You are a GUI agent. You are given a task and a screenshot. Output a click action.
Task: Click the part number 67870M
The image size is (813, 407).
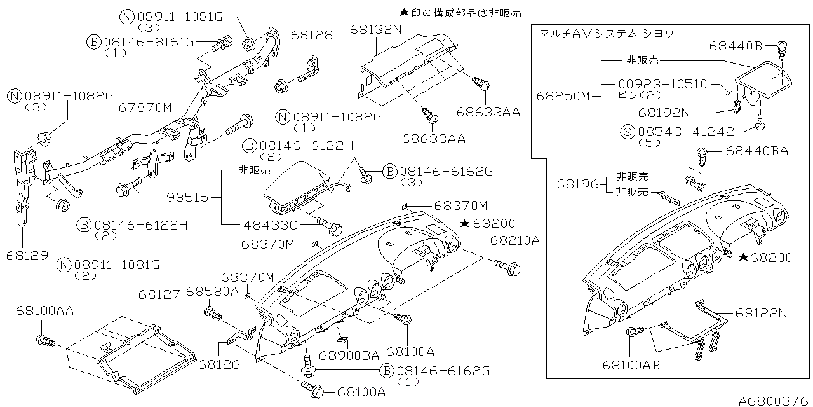[145, 108]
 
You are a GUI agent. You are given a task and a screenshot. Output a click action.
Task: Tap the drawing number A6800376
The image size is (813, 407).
[774, 401]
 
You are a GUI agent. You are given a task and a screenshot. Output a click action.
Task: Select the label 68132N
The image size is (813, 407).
[375, 29]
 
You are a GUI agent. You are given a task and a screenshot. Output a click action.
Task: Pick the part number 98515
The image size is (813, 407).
[189, 198]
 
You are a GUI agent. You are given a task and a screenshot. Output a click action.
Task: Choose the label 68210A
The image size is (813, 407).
[514, 240]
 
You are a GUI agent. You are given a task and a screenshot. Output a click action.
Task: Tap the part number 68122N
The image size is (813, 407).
[762, 313]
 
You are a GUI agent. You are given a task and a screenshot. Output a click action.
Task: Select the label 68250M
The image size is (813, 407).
[563, 97]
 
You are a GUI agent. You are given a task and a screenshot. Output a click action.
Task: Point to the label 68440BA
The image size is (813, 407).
[756, 151]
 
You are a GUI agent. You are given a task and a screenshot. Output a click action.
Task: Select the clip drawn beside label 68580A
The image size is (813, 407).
[212, 313]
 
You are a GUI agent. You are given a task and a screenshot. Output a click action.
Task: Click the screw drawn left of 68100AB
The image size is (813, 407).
[635, 331]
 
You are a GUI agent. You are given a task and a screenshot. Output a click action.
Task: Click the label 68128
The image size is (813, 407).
[312, 36]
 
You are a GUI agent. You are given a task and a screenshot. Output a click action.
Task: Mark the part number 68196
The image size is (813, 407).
[577, 184]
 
